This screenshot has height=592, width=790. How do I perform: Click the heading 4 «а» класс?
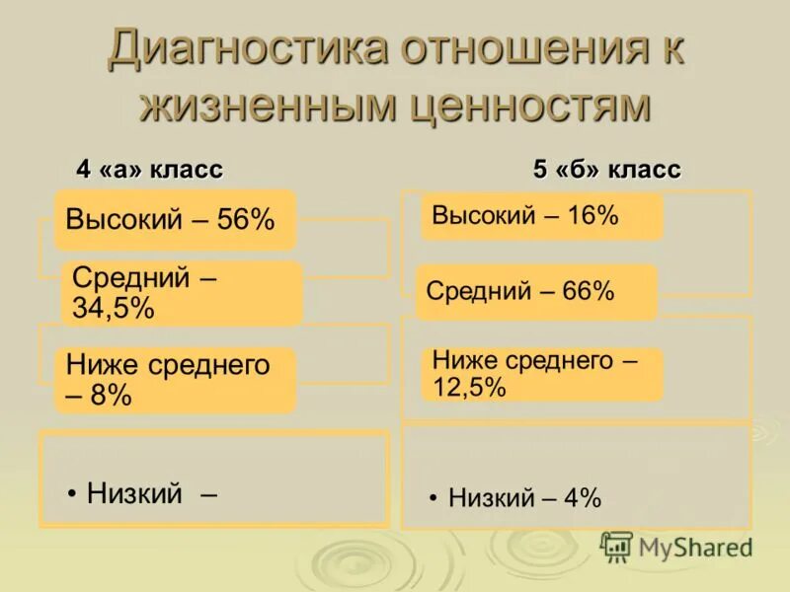tap(150, 170)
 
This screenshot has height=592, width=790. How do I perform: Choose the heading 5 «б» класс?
tap(606, 170)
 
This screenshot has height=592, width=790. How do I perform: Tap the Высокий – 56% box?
tap(174, 218)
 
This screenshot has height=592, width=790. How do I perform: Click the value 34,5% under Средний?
tap(113, 308)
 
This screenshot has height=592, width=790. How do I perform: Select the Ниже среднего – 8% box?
tap(174, 380)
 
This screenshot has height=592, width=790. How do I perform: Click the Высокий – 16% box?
tap(540, 216)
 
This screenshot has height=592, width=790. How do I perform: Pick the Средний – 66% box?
tap(535, 292)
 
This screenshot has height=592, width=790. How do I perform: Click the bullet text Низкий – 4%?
tap(524, 498)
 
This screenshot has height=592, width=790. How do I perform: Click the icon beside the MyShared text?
tap(616, 547)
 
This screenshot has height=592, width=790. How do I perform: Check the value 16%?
tap(592, 216)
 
